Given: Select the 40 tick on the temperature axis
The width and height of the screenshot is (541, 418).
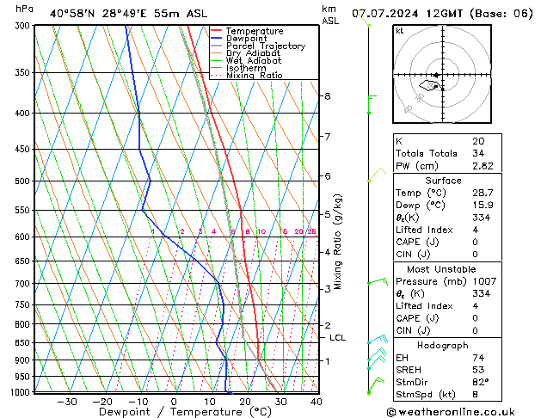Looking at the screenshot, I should pyautogui.click(x=316, y=402).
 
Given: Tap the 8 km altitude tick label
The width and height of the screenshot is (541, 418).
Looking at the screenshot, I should pyautogui.click(x=327, y=95).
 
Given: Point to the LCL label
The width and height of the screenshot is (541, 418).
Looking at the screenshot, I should pyautogui.click(x=337, y=338).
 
